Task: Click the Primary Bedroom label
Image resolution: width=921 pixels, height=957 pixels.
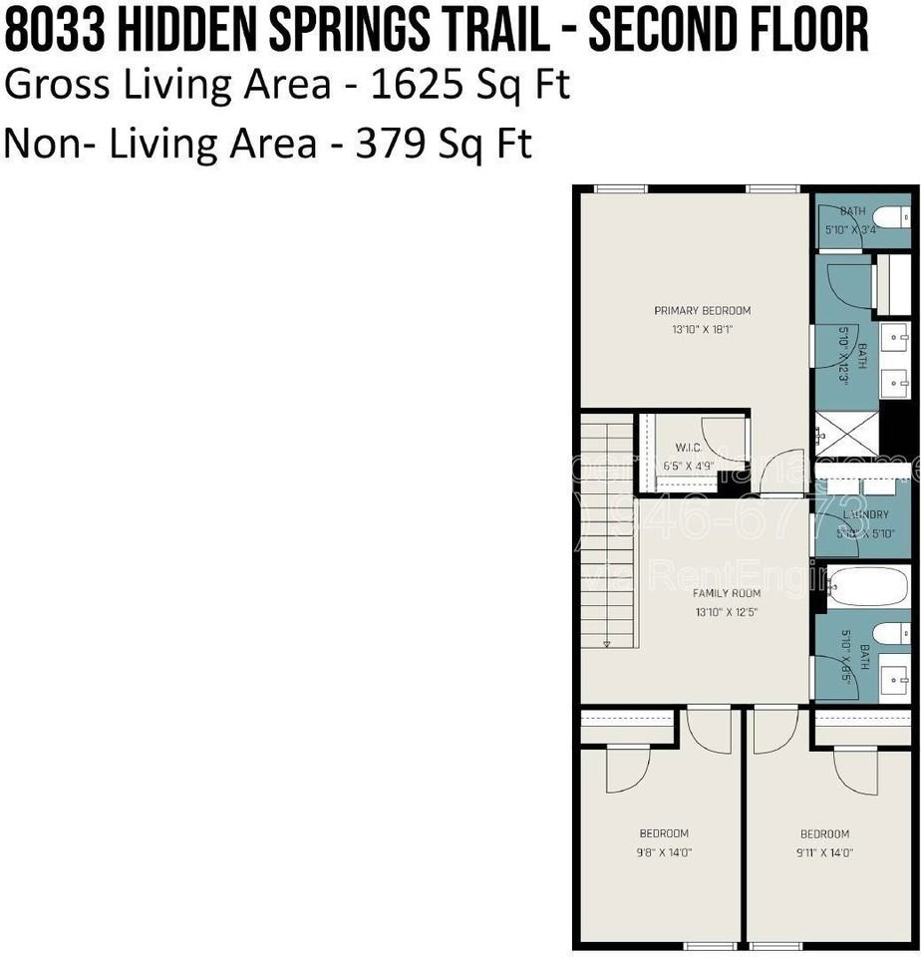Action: (x=702, y=310)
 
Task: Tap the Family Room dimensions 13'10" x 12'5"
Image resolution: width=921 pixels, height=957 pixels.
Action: (x=727, y=612)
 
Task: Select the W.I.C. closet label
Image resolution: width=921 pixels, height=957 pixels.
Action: (x=689, y=448)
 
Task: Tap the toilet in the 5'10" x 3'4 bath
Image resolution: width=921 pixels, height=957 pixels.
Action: (x=890, y=217)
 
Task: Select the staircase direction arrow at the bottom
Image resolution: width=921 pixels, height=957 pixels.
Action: (x=607, y=644)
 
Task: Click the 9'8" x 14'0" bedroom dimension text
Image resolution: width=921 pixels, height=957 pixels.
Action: (x=663, y=852)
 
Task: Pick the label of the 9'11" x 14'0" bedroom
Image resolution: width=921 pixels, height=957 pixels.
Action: (x=824, y=833)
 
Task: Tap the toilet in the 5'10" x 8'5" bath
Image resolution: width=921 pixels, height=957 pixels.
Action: (x=890, y=633)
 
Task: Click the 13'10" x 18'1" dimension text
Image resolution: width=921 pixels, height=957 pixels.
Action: (x=702, y=329)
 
